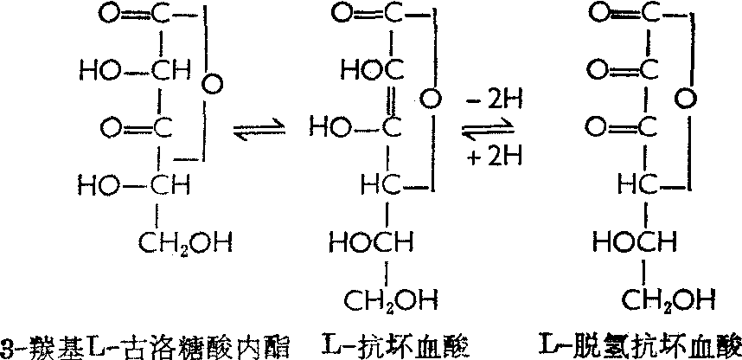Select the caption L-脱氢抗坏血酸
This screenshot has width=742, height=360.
coord(637,343)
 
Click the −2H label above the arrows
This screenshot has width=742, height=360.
coord(491,104)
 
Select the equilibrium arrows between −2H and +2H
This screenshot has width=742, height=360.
coord(489,132)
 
